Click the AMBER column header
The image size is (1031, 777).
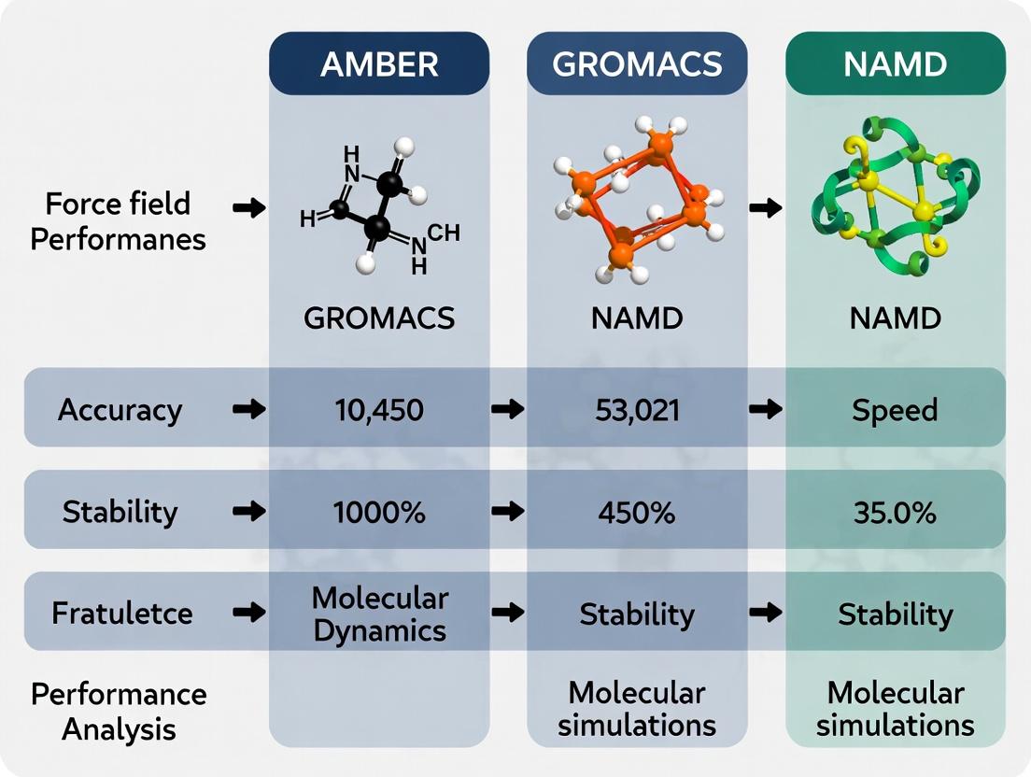click(378, 64)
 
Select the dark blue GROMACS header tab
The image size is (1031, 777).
click(637, 64)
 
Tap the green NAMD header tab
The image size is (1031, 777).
click(895, 64)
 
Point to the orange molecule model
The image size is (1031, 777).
click(640, 201)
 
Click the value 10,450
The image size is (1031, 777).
click(378, 409)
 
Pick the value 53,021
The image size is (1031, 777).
click(637, 409)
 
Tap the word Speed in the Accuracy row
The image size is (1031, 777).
click(895, 409)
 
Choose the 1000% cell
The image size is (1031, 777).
click(378, 511)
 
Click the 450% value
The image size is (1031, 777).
click(637, 511)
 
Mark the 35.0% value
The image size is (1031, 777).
click(895, 511)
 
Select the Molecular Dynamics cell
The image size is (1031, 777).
click(379, 614)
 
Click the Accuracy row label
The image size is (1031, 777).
click(120, 410)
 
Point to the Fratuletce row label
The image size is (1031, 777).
click(121, 614)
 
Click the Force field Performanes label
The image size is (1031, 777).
click(118, 221)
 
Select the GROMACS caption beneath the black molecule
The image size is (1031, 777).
click(378, 318)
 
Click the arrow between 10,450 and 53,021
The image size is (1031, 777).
click(507, 409)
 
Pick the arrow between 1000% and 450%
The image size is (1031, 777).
click(507, 511)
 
